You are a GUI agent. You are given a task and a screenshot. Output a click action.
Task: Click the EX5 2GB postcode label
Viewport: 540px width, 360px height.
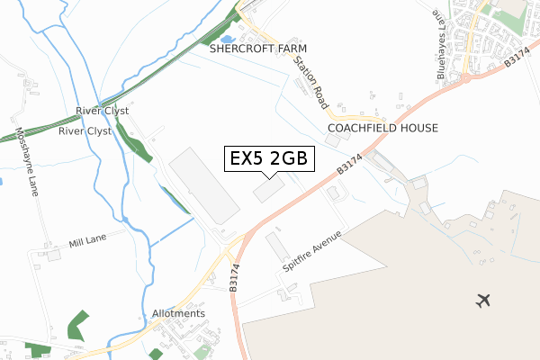(x=268, y=158)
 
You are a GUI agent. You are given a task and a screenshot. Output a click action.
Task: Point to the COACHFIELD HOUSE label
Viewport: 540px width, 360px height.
(x=382, y=129)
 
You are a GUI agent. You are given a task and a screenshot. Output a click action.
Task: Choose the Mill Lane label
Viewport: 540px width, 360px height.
(x=87, y=244)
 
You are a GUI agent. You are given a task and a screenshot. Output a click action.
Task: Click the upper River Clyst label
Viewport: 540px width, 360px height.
(x=101, y=112)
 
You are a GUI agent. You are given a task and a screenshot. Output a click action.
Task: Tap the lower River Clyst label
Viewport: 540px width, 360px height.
(x=84, y=130)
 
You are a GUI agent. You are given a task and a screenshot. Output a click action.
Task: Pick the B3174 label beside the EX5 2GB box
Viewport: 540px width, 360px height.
(x=349, y=162)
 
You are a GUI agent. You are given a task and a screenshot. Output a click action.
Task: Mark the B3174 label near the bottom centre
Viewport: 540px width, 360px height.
(x=234, y=275)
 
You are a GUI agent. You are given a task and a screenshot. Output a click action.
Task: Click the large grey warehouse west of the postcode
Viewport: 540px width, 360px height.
(x=204, y=186)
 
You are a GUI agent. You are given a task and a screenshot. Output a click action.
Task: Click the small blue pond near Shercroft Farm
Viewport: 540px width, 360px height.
(x=225, y=39)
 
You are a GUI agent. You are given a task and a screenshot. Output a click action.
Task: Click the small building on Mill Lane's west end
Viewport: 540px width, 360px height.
(x=52, y=255)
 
